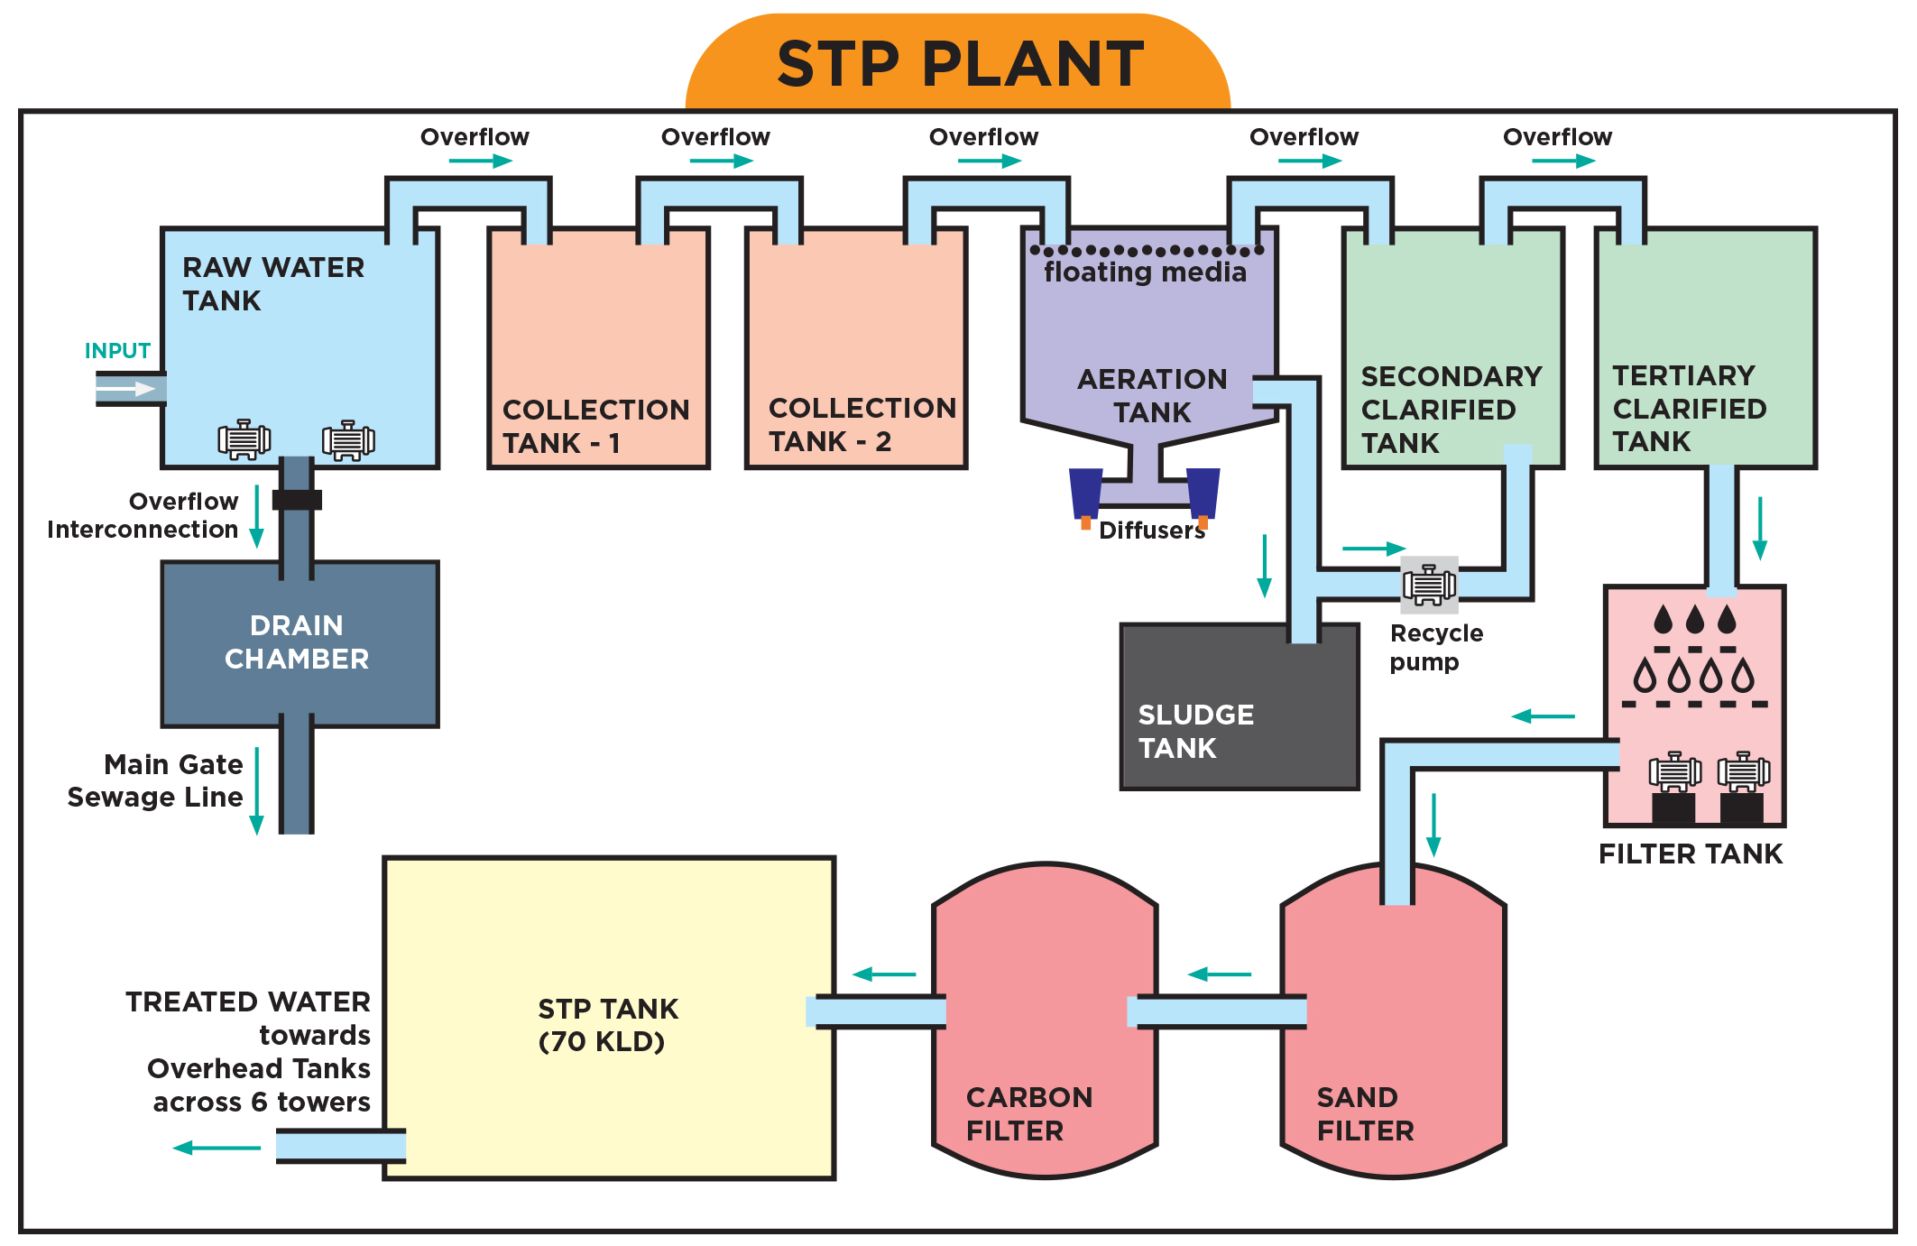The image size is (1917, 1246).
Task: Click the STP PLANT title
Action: pyautogui.click(x=960, y=65)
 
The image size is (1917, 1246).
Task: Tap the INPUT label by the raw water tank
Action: pyautogui.click(x=117, y=351)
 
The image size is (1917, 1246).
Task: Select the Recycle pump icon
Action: pyautogui.click(x=1429, y=585)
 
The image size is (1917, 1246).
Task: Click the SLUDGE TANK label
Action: pyautogui.click(x=1195, y=731)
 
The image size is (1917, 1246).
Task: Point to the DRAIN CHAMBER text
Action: pyautogui.click(x=297, y=641)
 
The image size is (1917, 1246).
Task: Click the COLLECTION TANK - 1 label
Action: pyautogui.click(x=595, y=426)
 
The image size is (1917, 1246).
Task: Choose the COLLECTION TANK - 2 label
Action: pyautogui.click(x=862, y=424)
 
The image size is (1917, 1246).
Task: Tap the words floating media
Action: pyautogui.click(x=1145, y=272)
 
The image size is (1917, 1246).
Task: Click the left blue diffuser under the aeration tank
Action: pyautogui.click(x=1085, y=493)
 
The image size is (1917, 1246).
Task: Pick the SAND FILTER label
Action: pyautogui.click(x=1365, y=1113)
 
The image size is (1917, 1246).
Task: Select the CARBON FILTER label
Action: pyautogui.click(x=1028, y=1113)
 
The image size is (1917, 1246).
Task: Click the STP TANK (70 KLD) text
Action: pyautogui.click(x=607, y=1025)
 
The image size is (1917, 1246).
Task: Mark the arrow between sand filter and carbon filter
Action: pyautogui.click(x=1220, y=974)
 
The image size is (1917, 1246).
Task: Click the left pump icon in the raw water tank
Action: pyautogui.click(x=244, y=439)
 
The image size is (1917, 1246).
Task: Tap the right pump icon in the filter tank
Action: pyautogui.click(x=1743, y=772)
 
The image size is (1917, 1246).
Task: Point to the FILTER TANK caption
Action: pyautogui.click(x=1691, y=854)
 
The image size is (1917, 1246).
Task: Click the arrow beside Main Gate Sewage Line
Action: pyautogui.click(x=256, y=790)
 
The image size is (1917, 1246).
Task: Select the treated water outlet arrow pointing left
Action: pyautogui.click(x=217, y=1148)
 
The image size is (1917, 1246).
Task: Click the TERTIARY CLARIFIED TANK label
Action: pyautogui.click(x=1689, y=408)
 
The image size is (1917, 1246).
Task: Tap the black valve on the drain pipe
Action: pyautogui.click(x=297, y=500)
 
